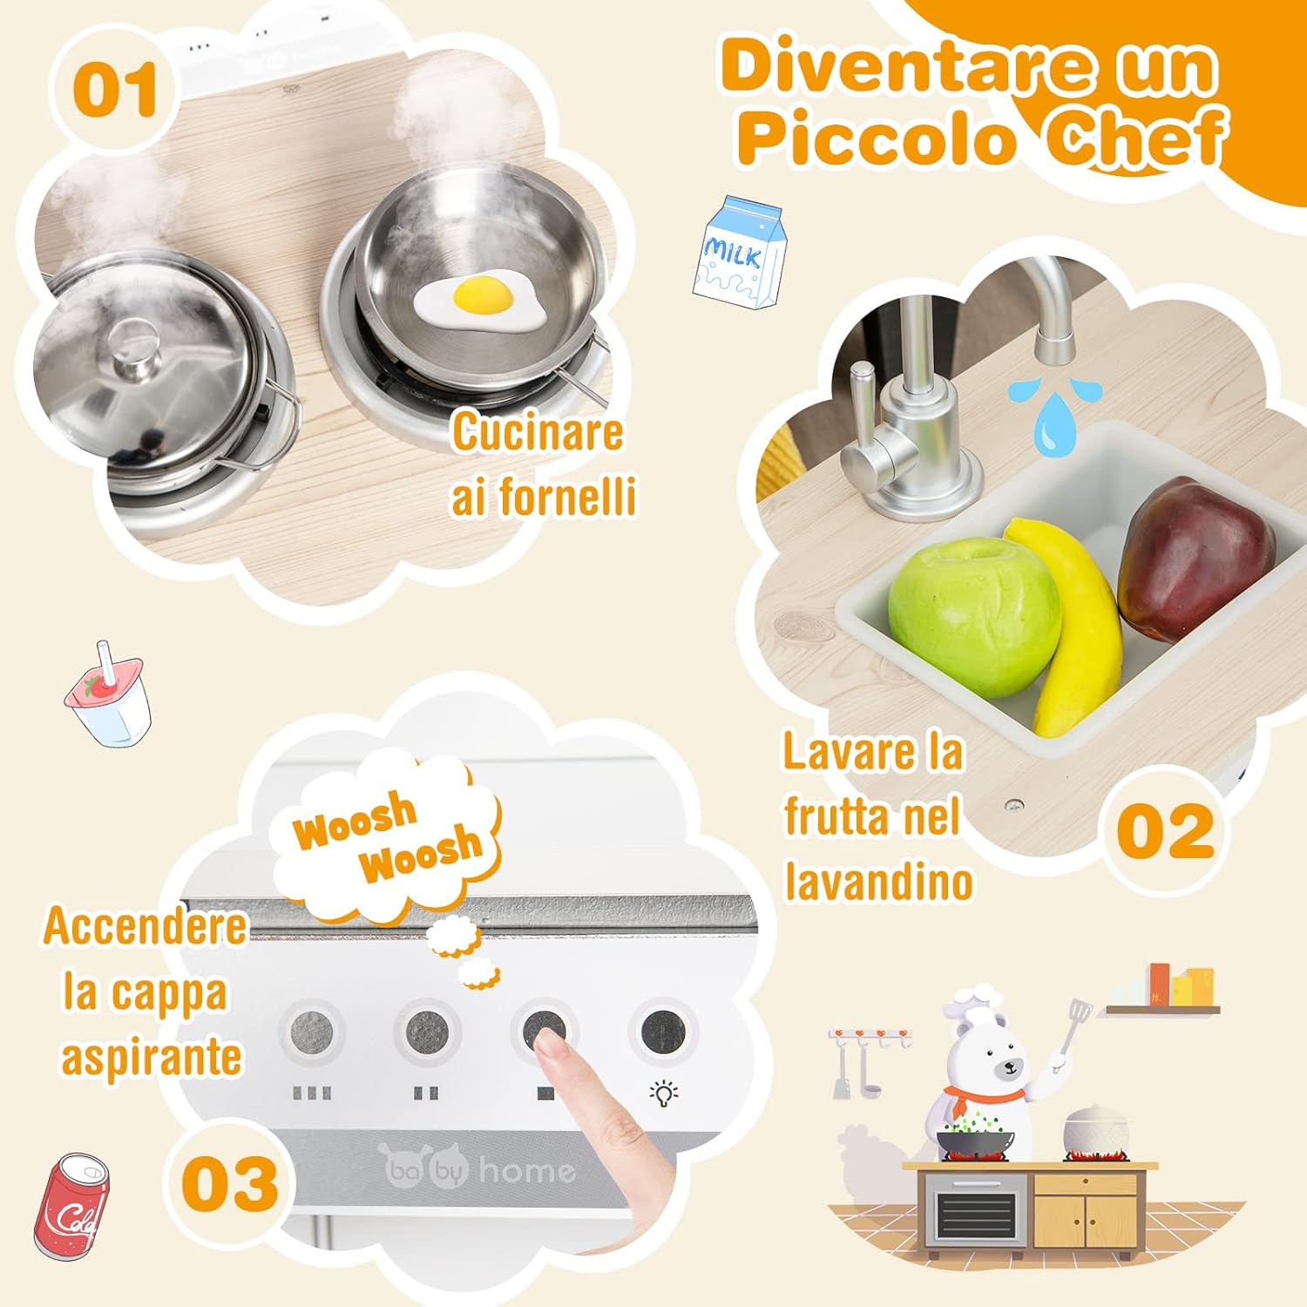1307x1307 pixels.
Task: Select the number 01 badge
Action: tap(115, 91)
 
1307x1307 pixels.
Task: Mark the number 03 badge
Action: tap(230, 1183)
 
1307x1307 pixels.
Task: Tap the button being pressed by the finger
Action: tap(544, 1032)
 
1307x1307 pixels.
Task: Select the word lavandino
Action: tap(878, 882)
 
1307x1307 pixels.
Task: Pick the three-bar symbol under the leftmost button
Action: tap(312, 1093)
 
